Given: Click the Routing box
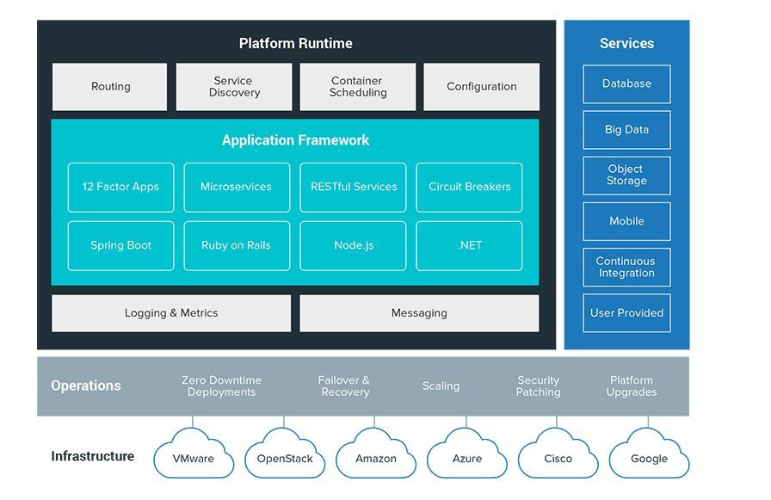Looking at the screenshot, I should point(110,87).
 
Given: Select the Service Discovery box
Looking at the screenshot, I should point(234,87).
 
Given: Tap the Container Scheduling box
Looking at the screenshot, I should point(358,87).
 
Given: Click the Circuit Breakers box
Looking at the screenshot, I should point(470,187).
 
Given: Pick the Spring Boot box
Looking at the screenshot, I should point(120,245).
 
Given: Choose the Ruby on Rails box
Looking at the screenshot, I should point(236,245).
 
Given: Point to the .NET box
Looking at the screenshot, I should point(470,245).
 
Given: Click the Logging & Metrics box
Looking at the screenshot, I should point(171,313).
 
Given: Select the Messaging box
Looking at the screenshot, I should point(419,313).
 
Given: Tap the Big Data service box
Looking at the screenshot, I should point(626,130).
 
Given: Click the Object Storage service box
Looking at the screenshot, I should point(626,176).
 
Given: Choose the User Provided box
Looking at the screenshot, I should point(626,313).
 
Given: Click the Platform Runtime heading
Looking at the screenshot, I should point(296,43).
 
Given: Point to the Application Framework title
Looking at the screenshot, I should point(296,140).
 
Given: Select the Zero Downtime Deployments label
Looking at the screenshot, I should point(221,386).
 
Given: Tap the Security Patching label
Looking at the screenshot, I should point(539,386).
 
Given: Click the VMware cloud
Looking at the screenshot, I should point(194,456).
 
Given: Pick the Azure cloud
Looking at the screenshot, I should point(467,456).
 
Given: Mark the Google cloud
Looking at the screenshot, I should point(649,456).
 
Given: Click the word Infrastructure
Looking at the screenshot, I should point(93,456).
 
